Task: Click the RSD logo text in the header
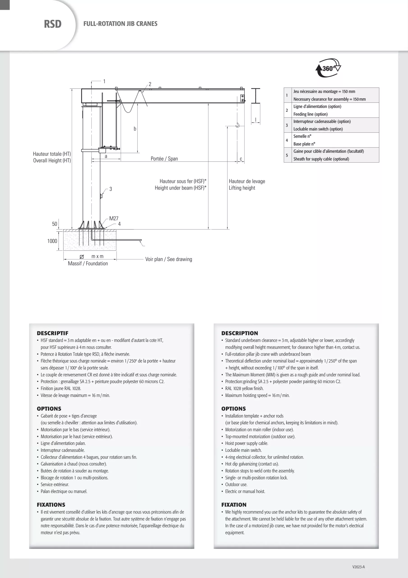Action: point(53,24)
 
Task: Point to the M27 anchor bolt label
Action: point(114,219)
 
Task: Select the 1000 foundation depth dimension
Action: point(52,241)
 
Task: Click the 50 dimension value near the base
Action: point(55,224)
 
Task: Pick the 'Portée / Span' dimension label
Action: point(164,158)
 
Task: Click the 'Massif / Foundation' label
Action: point(88,263)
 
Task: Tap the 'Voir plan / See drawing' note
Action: point(168,259)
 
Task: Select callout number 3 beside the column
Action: point(111,189)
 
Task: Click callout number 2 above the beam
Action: point(150,84)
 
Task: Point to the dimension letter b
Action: point(135,129)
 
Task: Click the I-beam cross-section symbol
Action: point(256,96)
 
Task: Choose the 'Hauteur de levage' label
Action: point(247,181)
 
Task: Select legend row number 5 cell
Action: point(287,155)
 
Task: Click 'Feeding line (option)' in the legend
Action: point(310,114)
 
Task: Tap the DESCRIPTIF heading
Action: point(53,333)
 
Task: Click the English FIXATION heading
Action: point(234,504)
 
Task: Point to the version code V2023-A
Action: point(358,567)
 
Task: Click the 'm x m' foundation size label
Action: point(97,256)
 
